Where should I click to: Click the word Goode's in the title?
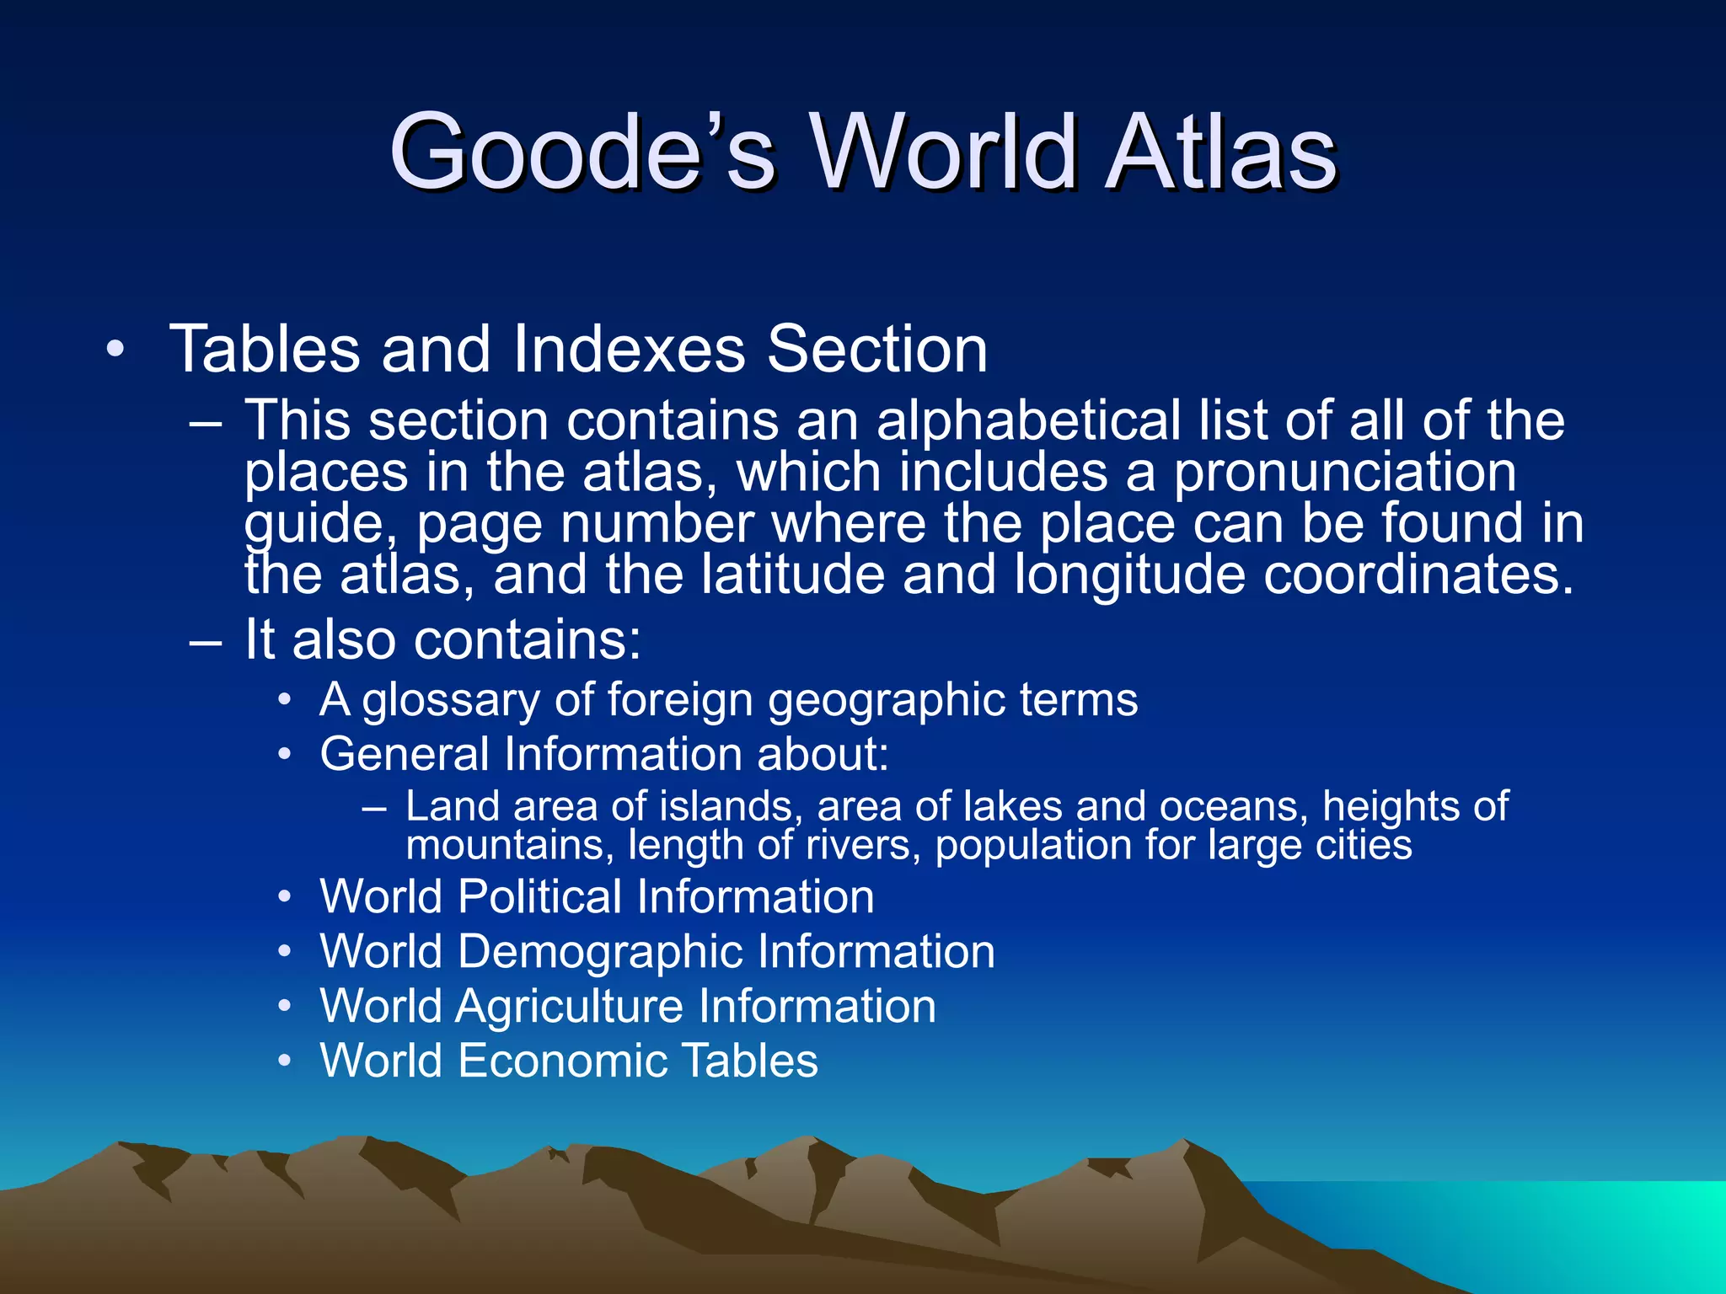pos(582,152)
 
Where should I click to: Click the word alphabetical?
pos(1028,420)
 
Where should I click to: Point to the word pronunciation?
pos(1346,472)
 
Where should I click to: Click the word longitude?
pos(1129,576)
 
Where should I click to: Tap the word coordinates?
pos(1419,575)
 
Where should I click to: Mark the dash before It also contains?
pos(206,641)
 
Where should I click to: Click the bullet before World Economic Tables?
pos(286,1061)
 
